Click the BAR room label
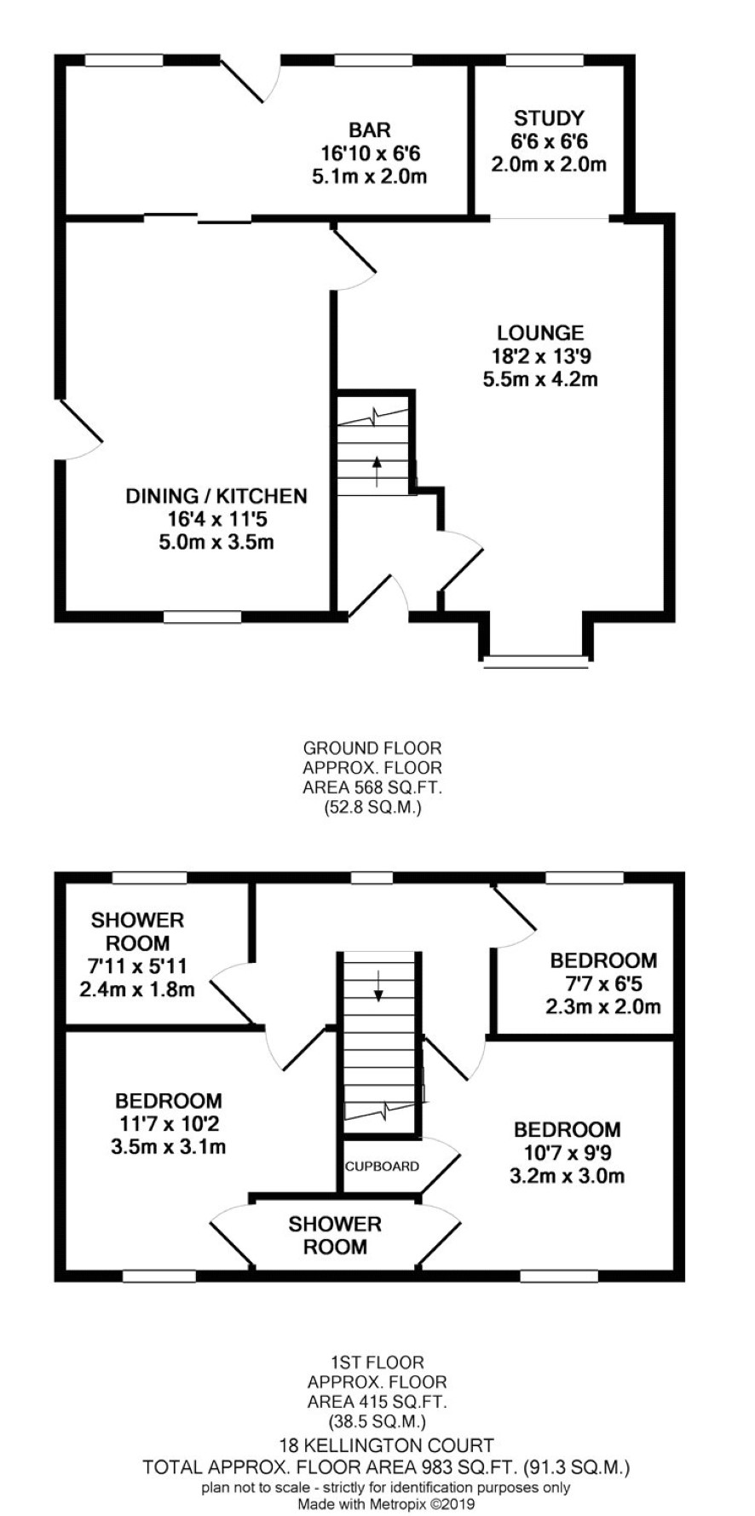(370, 130)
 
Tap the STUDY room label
(549, 118)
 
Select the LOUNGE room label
(540, 333)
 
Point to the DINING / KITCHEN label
(216, 496)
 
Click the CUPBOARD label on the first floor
(382, 1166)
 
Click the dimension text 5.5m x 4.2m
(540, 379)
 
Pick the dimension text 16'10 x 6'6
(371, 154)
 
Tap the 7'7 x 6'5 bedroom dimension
(603, 983)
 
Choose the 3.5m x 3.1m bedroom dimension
(169, 1147)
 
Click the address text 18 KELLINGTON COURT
(387, 1445)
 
